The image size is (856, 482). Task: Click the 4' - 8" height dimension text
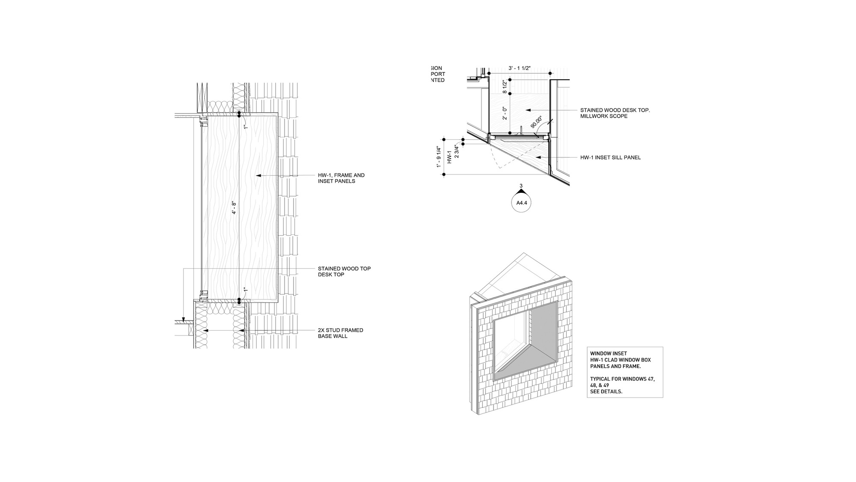(x=234, y=208)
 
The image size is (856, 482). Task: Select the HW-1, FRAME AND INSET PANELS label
(x=341, y=178)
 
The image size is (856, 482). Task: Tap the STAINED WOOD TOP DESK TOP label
(x=344, y=272)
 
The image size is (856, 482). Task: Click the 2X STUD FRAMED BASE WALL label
(x=340, y=333)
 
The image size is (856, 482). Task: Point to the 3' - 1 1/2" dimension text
(x=520, y=68)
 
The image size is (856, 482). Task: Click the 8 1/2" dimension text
(x=505, y=87)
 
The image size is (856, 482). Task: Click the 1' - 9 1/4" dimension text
(x=439, y=157)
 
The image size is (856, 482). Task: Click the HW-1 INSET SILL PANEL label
(x=610, y=158)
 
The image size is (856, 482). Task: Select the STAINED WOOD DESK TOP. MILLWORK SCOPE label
(x=615, y=113)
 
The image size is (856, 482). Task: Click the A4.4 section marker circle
(x=521, y=203)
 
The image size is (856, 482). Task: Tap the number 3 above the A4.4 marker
(x=521, y=186)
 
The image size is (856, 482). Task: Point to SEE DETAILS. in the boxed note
(x=606, y=392)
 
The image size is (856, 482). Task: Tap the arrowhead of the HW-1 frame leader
(x=256, y=176)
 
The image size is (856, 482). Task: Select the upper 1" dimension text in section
(x=246, y=127)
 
